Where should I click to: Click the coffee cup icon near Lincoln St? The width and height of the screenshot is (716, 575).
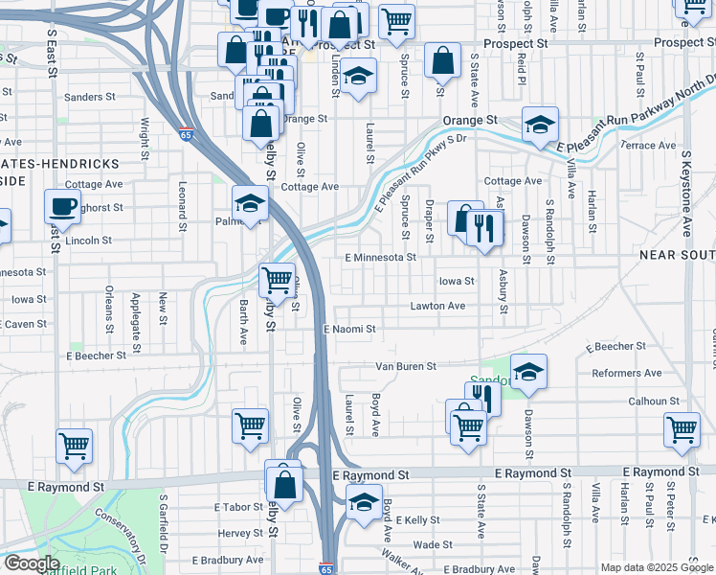pyautogui.click(x=63, y=206)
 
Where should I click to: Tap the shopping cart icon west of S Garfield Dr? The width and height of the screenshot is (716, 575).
pyautogui.click(x=75, y=444)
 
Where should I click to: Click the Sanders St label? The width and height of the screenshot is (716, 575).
pyautogui.click(x=89, y=97)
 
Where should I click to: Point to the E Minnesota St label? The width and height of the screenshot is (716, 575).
pyautogui.click(x=381, y=258)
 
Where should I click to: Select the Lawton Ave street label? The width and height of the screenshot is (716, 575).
pyautogui.click(x=437, y=306)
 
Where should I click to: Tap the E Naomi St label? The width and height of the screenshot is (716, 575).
pyautogui.click(x=349, y=329)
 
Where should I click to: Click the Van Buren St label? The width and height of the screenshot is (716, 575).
pyautogui.click(x=405, y=366)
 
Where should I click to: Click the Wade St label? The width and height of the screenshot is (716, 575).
pyautogui.click(x=433, y=544)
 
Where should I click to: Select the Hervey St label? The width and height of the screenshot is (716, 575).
pyautogui.click(x=239, y=534)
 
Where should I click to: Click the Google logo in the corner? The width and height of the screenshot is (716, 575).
pyautogui.click(x=32, y=563)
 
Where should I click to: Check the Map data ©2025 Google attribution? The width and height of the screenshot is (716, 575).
pyautogui.click(x=656, y=567)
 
